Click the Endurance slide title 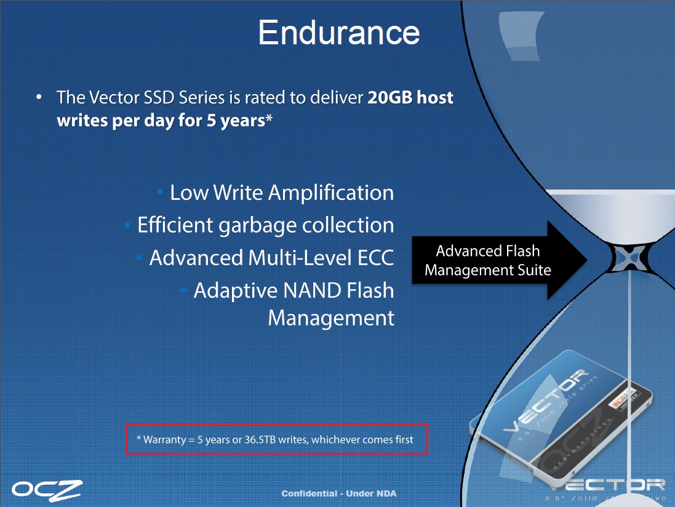(339, 32)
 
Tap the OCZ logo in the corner (47, 490)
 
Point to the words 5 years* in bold (239, 121)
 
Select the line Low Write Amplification (282, 193)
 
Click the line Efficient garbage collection (265, 225)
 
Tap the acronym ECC (375, 258)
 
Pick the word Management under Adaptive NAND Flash (330, 319)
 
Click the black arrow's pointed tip (587, 260)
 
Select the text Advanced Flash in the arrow (488, 250)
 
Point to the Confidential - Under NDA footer (339, 493)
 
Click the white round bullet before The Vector (39, 97)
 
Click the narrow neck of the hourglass (630, 257)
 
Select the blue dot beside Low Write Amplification (160, 192)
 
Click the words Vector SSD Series (157, 98)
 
